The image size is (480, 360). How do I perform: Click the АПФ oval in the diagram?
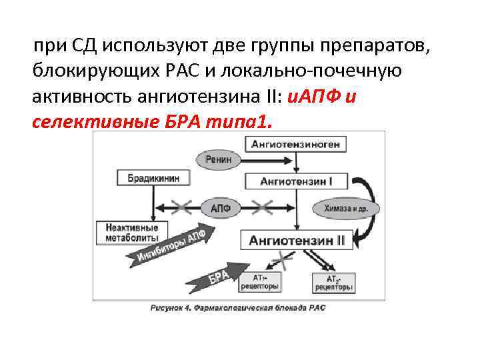[220, 207]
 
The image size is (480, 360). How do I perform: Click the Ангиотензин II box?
[297, 241]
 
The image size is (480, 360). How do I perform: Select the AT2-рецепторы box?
[334, 282]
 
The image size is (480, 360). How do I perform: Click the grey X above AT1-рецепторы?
[284, 261]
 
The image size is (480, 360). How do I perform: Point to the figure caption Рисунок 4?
[238, 308]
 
